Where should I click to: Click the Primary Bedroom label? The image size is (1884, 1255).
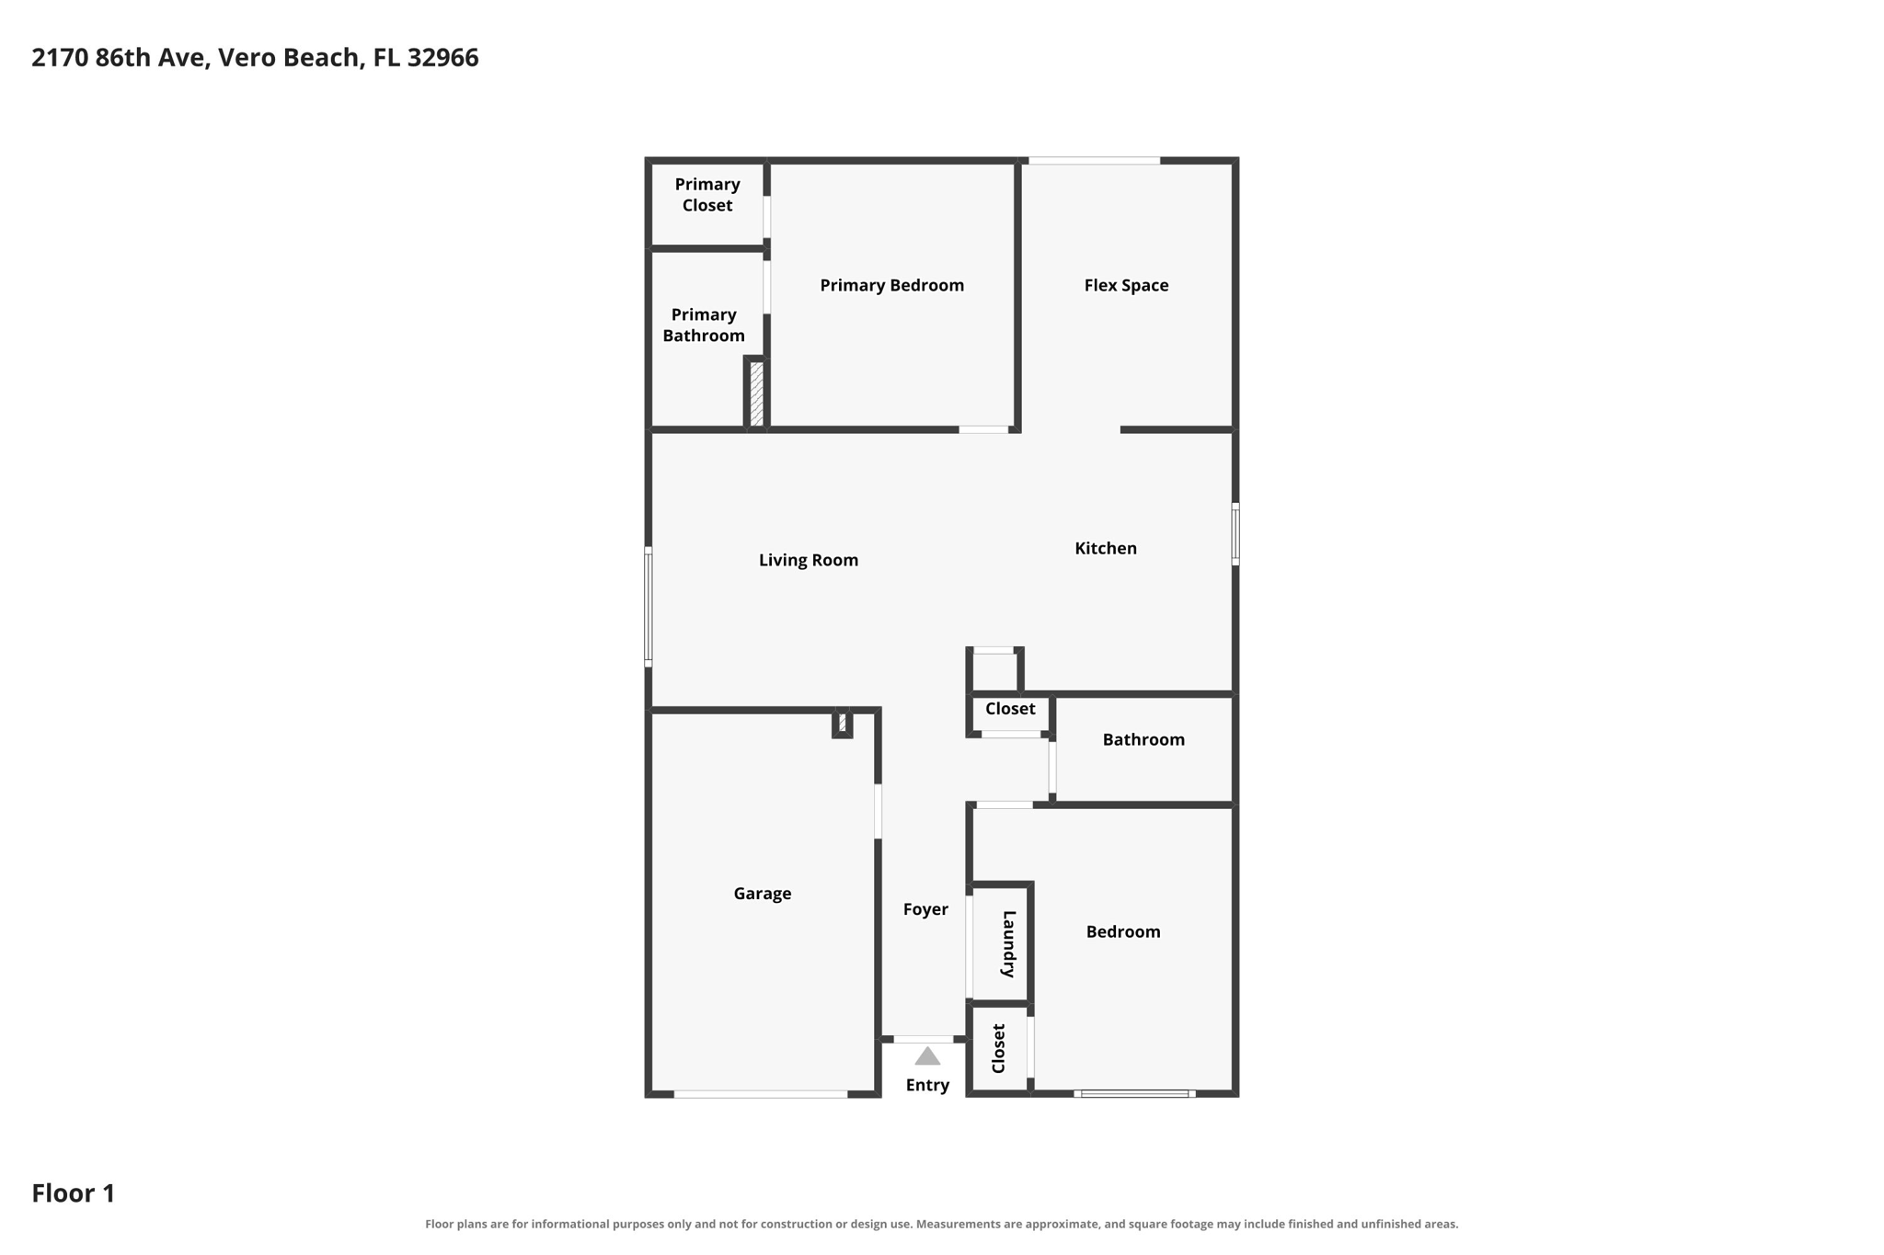coord(891,285)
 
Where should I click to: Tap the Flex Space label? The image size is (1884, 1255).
coord(1126,285)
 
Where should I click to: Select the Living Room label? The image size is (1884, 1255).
coord(808,560)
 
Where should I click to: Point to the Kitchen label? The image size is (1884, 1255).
coord(1106,548)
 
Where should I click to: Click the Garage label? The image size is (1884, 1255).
coord(762,894)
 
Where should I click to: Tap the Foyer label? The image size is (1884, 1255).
coord(925,909)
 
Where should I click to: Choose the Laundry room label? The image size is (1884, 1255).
coord(1008,943)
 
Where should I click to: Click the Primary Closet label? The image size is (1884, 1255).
coord(706,195)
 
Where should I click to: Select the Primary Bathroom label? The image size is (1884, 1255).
coord(704,325)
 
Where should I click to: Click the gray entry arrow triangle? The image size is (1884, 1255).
coord(927,1056)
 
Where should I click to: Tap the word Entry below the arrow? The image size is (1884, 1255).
coord(927,1085)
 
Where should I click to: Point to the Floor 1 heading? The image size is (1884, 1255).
coord(74,1193)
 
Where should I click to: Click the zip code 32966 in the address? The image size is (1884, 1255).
coord(442,57)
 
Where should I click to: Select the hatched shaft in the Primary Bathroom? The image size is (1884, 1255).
coord(756,394)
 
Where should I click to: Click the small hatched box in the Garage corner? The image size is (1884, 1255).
coord(842,723)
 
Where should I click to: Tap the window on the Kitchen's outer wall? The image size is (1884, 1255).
coord(1235,533)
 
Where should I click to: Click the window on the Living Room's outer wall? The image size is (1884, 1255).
coord(648,606)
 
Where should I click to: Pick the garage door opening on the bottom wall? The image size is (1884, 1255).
coord(760,1094)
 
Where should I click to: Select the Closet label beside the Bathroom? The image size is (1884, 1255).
coord(1010,709)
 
